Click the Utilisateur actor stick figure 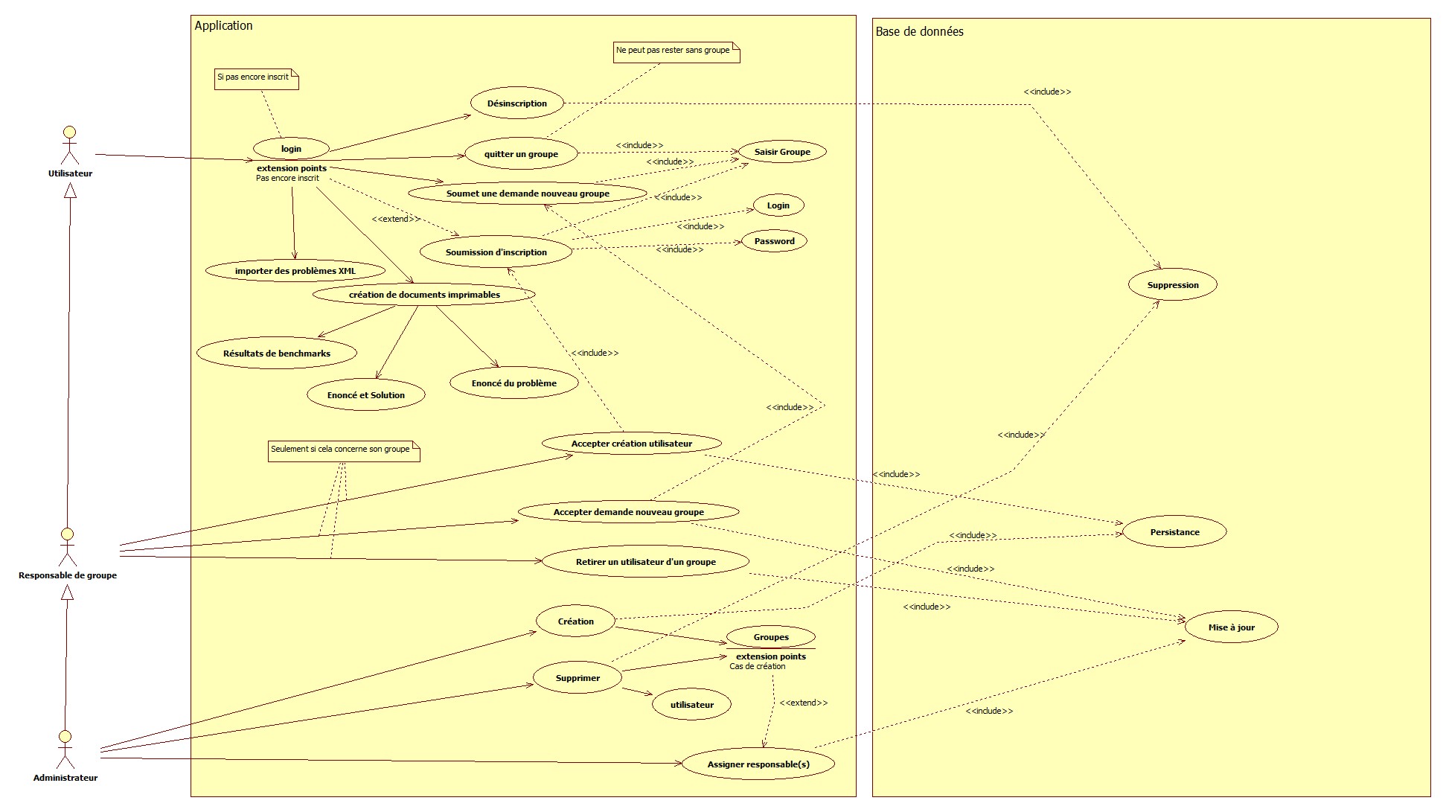69,146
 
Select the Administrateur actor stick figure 65,749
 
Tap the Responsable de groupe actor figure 67,548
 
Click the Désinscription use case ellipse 517,103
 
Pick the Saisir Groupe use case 781,152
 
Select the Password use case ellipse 774,241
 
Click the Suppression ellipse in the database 1172,285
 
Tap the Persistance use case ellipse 1174,532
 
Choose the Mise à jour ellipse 1231,627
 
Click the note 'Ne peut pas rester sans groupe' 676,51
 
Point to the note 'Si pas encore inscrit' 256,78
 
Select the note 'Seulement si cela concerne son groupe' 343,450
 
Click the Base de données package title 919,31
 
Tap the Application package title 223,25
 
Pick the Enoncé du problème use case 514,383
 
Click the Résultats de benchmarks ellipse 276,354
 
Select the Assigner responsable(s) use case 758,764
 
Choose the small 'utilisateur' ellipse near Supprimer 691,705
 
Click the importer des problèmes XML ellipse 295,271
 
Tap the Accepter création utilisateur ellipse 631,444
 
